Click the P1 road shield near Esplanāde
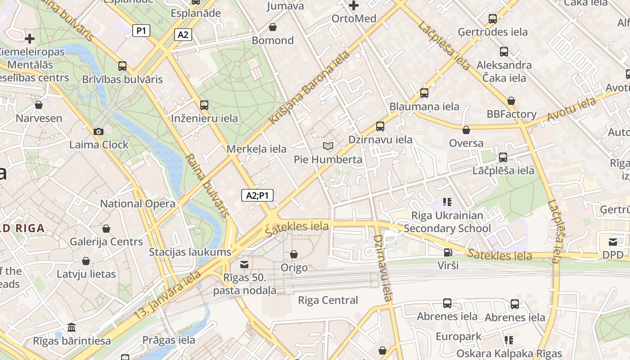141,31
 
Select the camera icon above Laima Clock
99,132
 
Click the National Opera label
138,203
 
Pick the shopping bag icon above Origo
294,255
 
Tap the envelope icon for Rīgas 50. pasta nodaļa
244,264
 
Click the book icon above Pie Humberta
328,146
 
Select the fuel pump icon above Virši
448,252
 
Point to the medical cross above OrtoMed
354,6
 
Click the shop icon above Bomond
273,27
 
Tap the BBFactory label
512,114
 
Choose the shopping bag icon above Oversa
466,130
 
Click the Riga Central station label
328,300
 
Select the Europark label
459,337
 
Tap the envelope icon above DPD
613,242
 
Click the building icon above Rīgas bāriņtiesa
71,327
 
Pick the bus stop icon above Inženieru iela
204,105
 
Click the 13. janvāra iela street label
168,295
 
